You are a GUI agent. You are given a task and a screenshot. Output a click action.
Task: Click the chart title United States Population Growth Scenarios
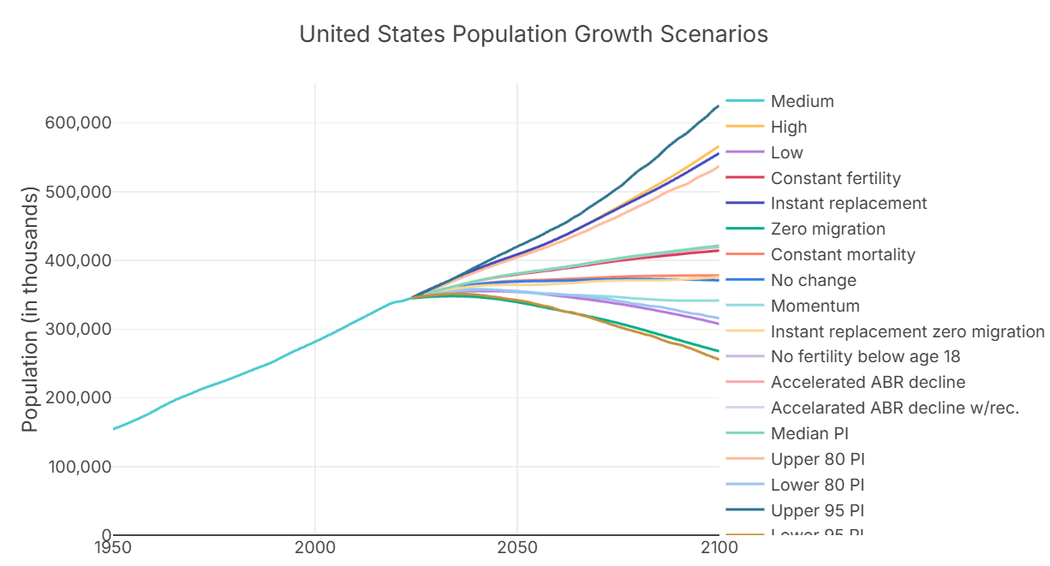pyautogui.click(x=533, y=35)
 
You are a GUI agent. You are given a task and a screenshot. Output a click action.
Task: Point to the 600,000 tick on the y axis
pyautogui.click(x=78, y=122)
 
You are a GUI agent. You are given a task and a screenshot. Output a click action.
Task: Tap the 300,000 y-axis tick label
pyautogui.click(x=78, y=329)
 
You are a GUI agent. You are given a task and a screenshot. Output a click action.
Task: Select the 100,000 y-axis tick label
pyautogui.click(x=78, y=467)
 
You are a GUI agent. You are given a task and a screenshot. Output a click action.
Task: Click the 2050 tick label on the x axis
pyautogui.click(x=516, y=548)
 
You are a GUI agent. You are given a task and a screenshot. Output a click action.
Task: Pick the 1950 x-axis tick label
pyautogui.click(x=113, y=548)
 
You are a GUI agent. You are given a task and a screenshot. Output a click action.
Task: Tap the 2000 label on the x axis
pyautogui.click(x=315, y=548)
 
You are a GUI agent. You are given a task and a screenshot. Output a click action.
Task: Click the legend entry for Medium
pyautogui.click(x=802, y=101)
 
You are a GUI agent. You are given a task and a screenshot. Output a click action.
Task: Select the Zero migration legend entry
pyautogui.click(x=827, y=229)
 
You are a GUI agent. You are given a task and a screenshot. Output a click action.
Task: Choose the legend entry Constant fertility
pyautogui.click(x=835, y=178)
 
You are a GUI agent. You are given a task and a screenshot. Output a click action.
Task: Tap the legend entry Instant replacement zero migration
pyautogui.click(x=907, y=331)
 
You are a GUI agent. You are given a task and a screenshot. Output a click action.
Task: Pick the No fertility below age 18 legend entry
pyautogui.click(x=865, y=357)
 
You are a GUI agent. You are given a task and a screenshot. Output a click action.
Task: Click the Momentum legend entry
pyautogui.click(x=814, y=306)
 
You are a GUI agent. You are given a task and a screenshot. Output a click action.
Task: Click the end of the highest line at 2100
pyautogui.click(x=718, y=106)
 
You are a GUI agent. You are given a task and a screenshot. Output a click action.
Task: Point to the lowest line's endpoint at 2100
pyautogui.click(x=718, y=359)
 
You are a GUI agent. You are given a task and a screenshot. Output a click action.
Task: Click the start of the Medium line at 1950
pyautogui.click(x=114, y=429)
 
